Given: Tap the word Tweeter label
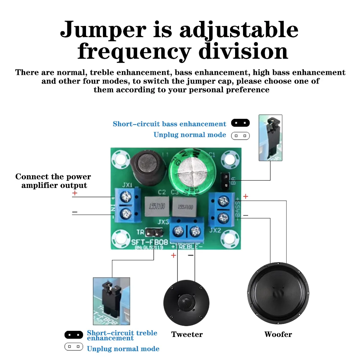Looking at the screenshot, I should pos(187,334).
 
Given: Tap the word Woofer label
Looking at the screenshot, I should pos(278,334).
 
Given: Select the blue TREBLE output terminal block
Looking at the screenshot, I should pos(186,231).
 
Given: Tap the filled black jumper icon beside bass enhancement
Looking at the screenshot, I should pos(240,123).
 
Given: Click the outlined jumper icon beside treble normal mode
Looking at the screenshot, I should pos(74,347).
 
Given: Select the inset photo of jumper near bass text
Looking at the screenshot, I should pos(270,138).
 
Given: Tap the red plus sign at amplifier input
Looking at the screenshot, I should pos(75,193).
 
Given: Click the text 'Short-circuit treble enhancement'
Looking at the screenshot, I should pos(122,335).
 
